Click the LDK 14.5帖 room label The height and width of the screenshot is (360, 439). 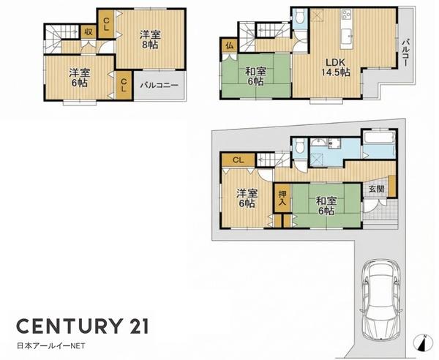[336, 67]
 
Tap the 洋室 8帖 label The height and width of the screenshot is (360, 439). [150, 40]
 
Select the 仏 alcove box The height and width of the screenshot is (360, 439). [229, 46]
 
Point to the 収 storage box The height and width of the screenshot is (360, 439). [89, 32]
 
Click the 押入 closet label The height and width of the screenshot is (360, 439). [282, 198]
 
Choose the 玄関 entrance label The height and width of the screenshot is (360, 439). [376, 189]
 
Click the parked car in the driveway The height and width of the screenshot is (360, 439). [381, 299]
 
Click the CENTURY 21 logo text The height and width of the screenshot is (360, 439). [82, 326]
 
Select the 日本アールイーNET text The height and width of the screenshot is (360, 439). [51, 346]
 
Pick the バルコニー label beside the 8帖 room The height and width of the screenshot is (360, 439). [159, 85]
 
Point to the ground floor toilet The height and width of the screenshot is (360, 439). [299, 146]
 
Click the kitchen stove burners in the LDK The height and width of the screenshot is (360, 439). [346, 14]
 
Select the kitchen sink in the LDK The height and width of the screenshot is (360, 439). [347, 37]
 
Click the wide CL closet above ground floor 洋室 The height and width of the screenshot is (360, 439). [238, 160]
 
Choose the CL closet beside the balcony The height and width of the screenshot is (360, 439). [124, 86]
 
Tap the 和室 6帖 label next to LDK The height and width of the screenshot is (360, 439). [255, 76]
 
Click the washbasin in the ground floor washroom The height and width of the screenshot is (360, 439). [318, 143]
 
